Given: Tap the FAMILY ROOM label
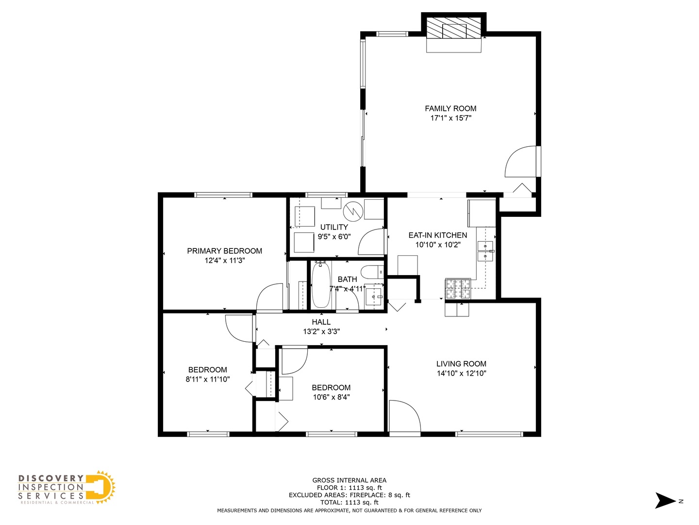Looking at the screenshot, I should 450,108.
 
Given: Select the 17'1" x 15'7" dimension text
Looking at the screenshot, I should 450,118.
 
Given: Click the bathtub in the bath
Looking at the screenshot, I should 320,285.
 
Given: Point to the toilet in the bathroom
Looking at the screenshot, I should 372,271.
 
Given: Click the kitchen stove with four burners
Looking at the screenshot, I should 458,288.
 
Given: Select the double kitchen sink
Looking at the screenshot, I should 485,251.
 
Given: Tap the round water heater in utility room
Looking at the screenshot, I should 353,210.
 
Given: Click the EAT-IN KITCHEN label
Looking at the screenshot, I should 437,235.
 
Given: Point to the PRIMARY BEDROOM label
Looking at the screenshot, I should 224,251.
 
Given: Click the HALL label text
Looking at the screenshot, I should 321,322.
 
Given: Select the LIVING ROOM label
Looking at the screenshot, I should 461,364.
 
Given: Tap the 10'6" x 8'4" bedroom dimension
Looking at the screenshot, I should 331,397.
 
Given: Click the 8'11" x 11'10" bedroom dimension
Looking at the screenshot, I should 207,379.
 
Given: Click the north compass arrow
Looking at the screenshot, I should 665,501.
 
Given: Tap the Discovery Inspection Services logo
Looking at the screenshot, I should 67,488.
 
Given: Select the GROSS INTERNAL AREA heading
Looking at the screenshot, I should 349,480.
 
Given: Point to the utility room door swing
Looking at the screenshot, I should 371,242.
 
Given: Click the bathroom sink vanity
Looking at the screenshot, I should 374,296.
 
